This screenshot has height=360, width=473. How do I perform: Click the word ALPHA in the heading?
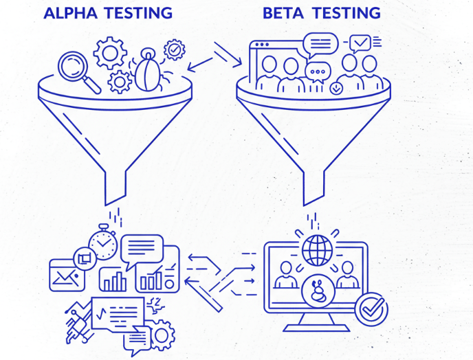coord(69,12)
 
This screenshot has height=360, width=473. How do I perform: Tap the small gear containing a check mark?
coord(175,49)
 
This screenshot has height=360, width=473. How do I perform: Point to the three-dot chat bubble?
coord(318,71)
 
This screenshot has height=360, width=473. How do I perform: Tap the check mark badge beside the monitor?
coord(372,311)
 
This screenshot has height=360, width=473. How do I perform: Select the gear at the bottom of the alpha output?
coord(162,335)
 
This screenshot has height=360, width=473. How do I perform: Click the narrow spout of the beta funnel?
coord(313,187)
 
